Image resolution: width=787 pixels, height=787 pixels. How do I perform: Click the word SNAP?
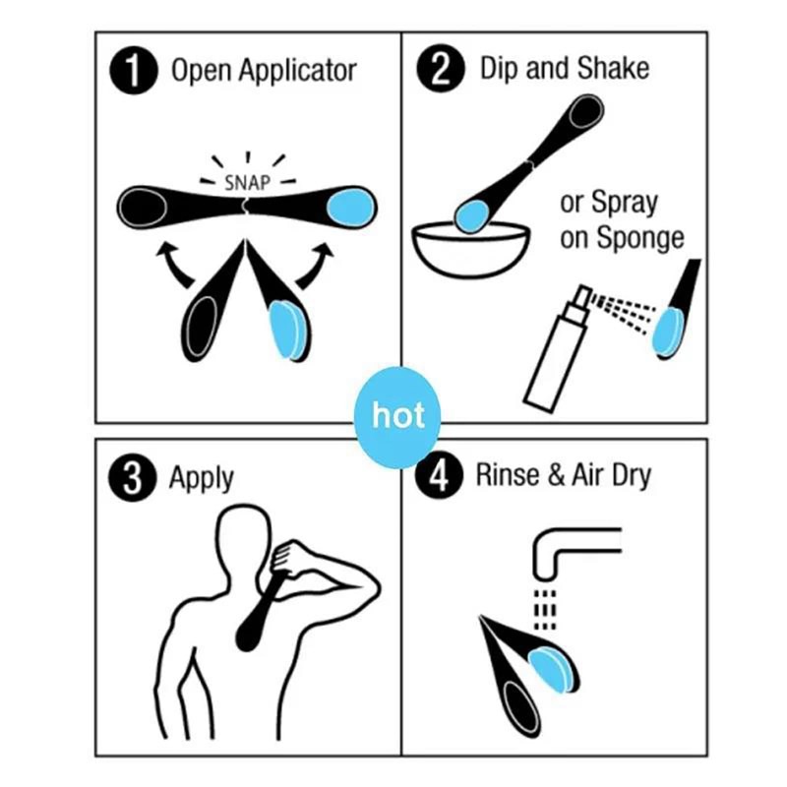pos(247,184)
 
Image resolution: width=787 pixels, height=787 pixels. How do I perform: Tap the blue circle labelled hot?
pos(397,416)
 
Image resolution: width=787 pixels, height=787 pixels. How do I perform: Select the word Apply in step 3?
pos(202,479)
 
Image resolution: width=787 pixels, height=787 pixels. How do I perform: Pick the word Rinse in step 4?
pos(506,477)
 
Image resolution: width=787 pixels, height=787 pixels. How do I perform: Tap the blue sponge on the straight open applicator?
pos(351,208)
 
